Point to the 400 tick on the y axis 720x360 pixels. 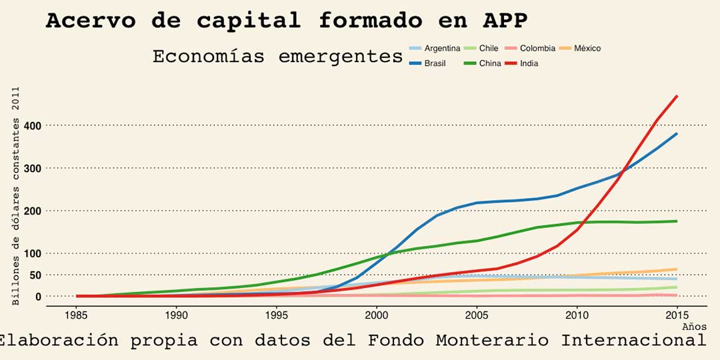[33, 125]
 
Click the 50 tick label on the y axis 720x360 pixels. [35, 275]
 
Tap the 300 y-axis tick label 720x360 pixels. [33, 168]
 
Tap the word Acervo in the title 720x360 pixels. [91, 20]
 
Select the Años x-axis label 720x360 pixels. [694, 327]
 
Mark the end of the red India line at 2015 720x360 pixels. [677, 96]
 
